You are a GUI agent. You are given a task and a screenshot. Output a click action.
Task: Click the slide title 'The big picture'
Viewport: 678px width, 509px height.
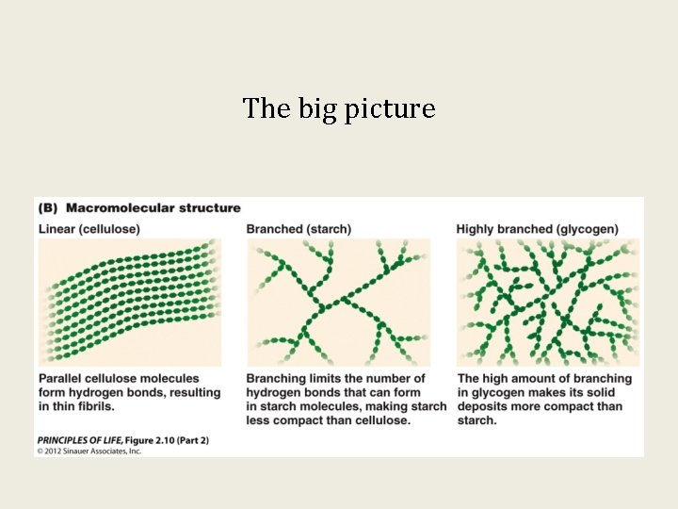pyautogui.click(x=338, y=109)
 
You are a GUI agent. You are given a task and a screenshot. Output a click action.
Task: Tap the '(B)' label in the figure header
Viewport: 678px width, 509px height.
pyautogui.click(x=48, y=208)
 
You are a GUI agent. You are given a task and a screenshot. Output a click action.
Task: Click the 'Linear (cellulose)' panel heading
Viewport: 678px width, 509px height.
pyautogui.click(x=89, y=229)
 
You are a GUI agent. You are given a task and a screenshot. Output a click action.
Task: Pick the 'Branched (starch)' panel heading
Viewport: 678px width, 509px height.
pyautogui.click(x=299, y=229)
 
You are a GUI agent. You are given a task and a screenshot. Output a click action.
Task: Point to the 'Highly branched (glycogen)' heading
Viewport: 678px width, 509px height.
pyautogui.click(x=538, y=229)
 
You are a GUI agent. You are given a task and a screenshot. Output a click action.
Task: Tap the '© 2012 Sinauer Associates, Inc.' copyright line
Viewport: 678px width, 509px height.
pyautogui.click(x=89, y=452)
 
